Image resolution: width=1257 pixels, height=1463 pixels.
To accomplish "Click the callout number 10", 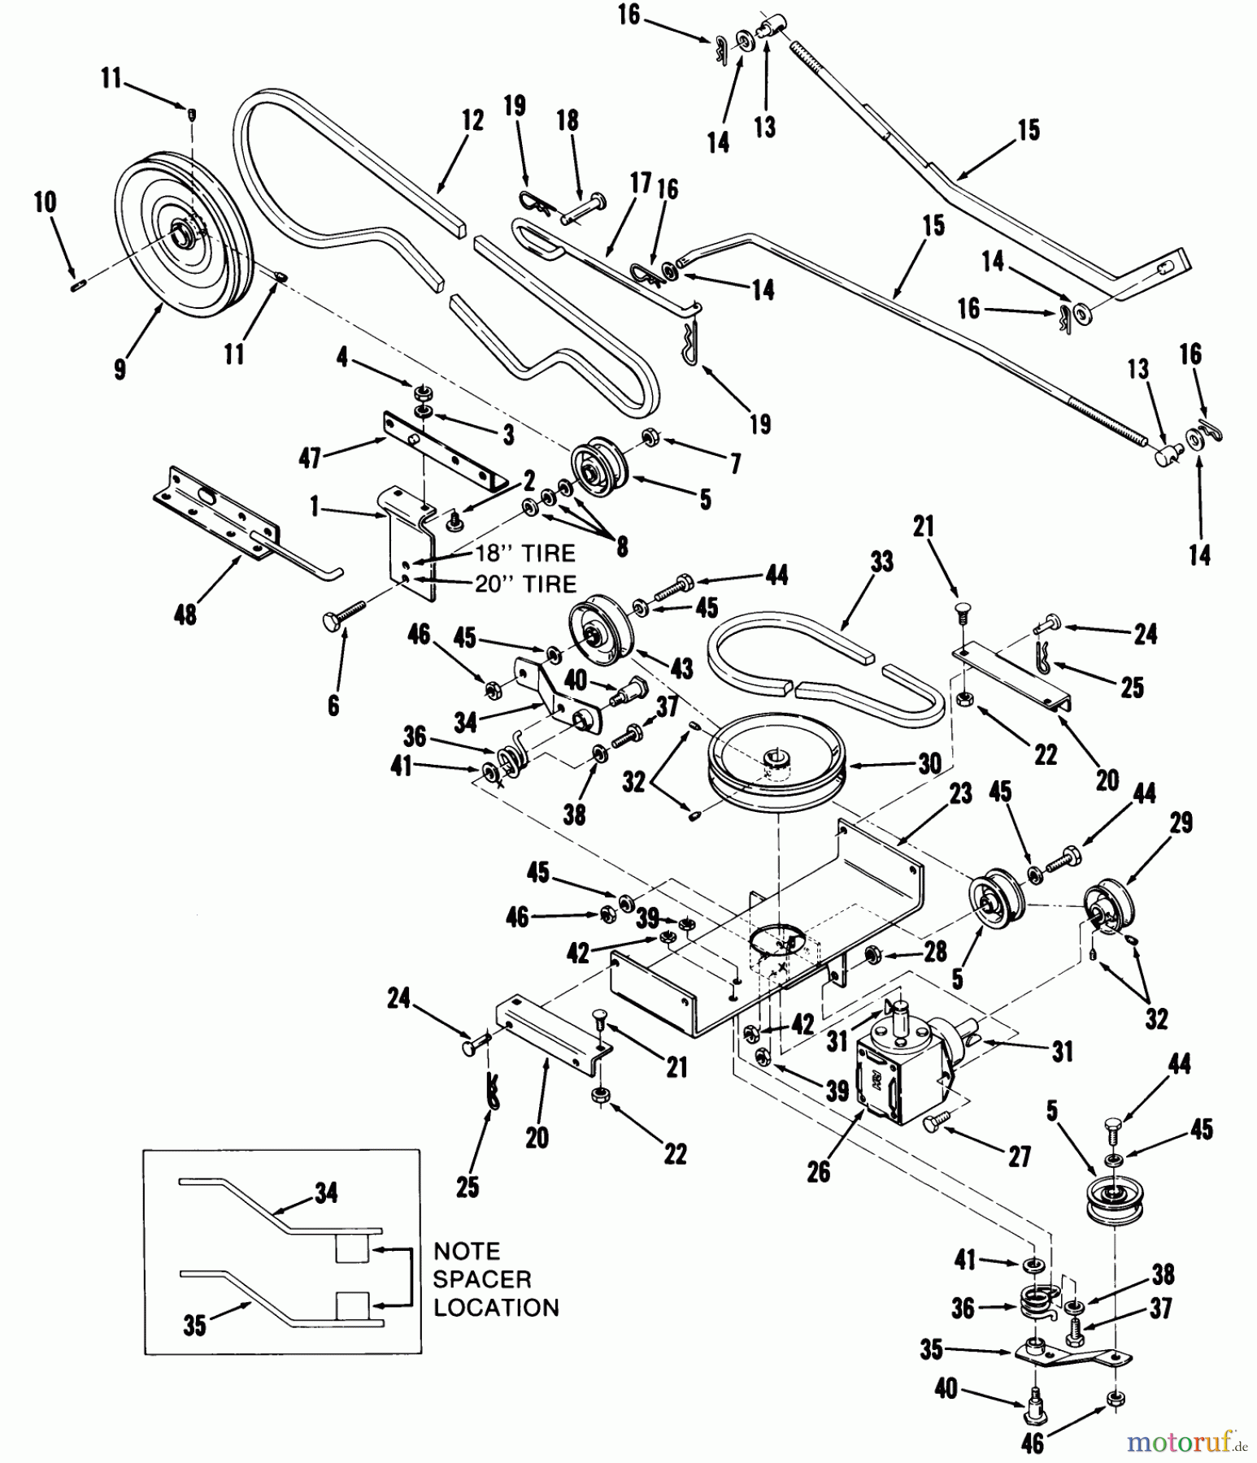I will [x=45, y=202].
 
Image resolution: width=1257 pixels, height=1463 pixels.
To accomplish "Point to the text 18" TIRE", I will [x=525, y=554].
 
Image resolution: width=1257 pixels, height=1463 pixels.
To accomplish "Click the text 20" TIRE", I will [x=525, y=584].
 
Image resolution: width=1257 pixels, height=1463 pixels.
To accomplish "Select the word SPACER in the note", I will [x=481, y=1279].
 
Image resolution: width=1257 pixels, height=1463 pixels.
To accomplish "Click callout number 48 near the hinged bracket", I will [x=185, y=614].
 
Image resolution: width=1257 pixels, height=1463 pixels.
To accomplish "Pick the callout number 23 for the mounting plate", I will [x=960, y=792].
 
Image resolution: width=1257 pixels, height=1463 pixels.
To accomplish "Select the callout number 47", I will [x=310, y=458].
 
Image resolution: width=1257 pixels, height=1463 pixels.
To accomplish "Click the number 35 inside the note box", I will [x=194, y=1326].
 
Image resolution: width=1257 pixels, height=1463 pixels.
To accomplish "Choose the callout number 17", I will [x=641, y=184].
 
